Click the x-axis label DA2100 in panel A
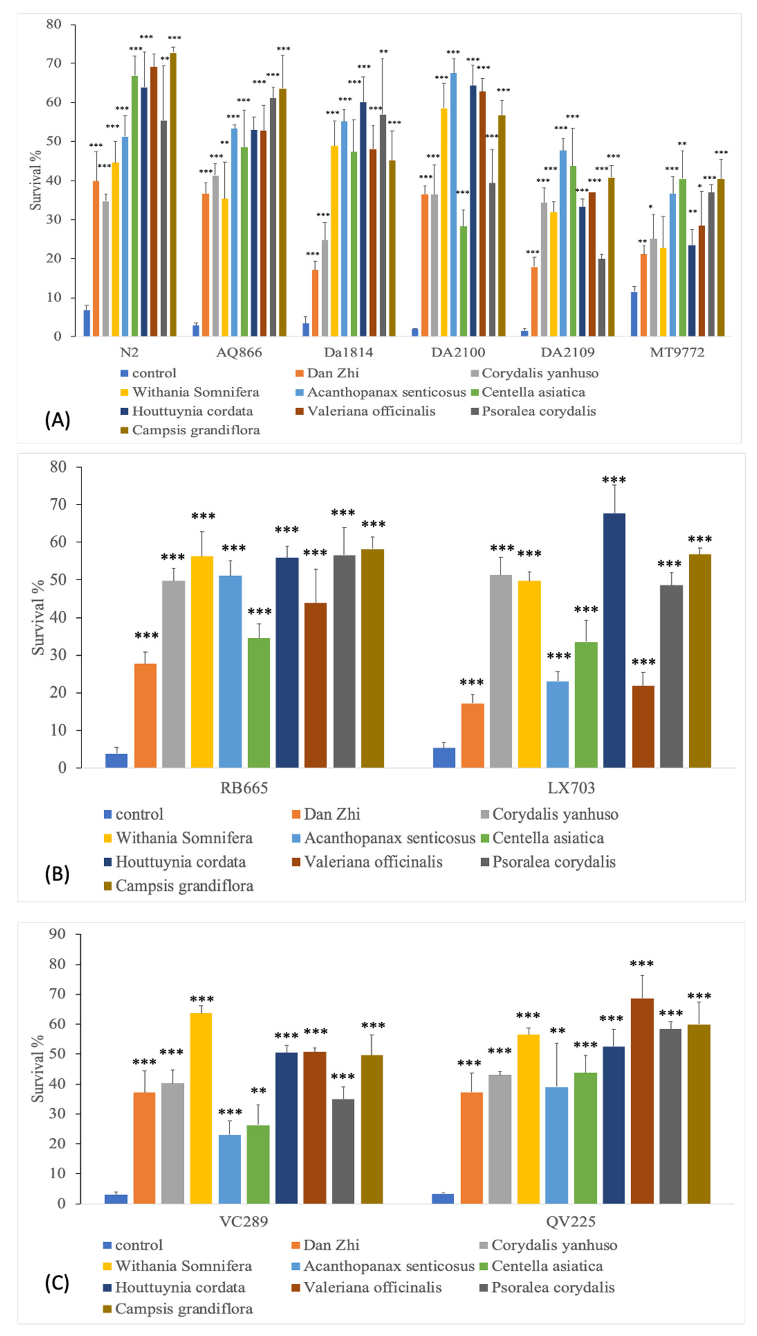point(458,352)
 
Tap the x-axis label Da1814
point(348,352)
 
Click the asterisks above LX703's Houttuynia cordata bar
point(614,479)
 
